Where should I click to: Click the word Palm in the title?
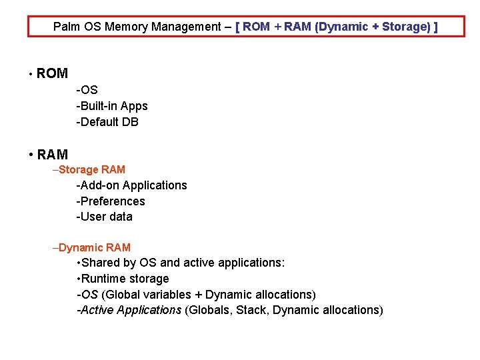pyautogui.click(x=66, y=27)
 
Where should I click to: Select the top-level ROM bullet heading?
pyautogui.click(x=52, y=74)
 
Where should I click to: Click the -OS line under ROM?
pyautogui.click(x=87, y=90)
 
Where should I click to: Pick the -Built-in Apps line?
pyautogui.click(x=112, y=106)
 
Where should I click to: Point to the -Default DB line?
pyautogui.click(x=107, y=122)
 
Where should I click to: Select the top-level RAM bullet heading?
pyautogui.click(x=52, y=155)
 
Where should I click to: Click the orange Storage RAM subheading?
pyautogui.click(x=92, y=170)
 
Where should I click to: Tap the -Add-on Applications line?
pyautogui.click(x=131, y=185)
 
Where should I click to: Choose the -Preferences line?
pyautogui.click(x=111, y=201)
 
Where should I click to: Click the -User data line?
pyautogui.click(x=105, y=217)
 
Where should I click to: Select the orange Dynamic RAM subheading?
pyautogui.click(x=95, y=248)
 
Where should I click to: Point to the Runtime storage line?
pyautogui.click(x=125, y=279)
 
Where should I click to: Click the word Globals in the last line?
pyautogui.click(x=209, y=310)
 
